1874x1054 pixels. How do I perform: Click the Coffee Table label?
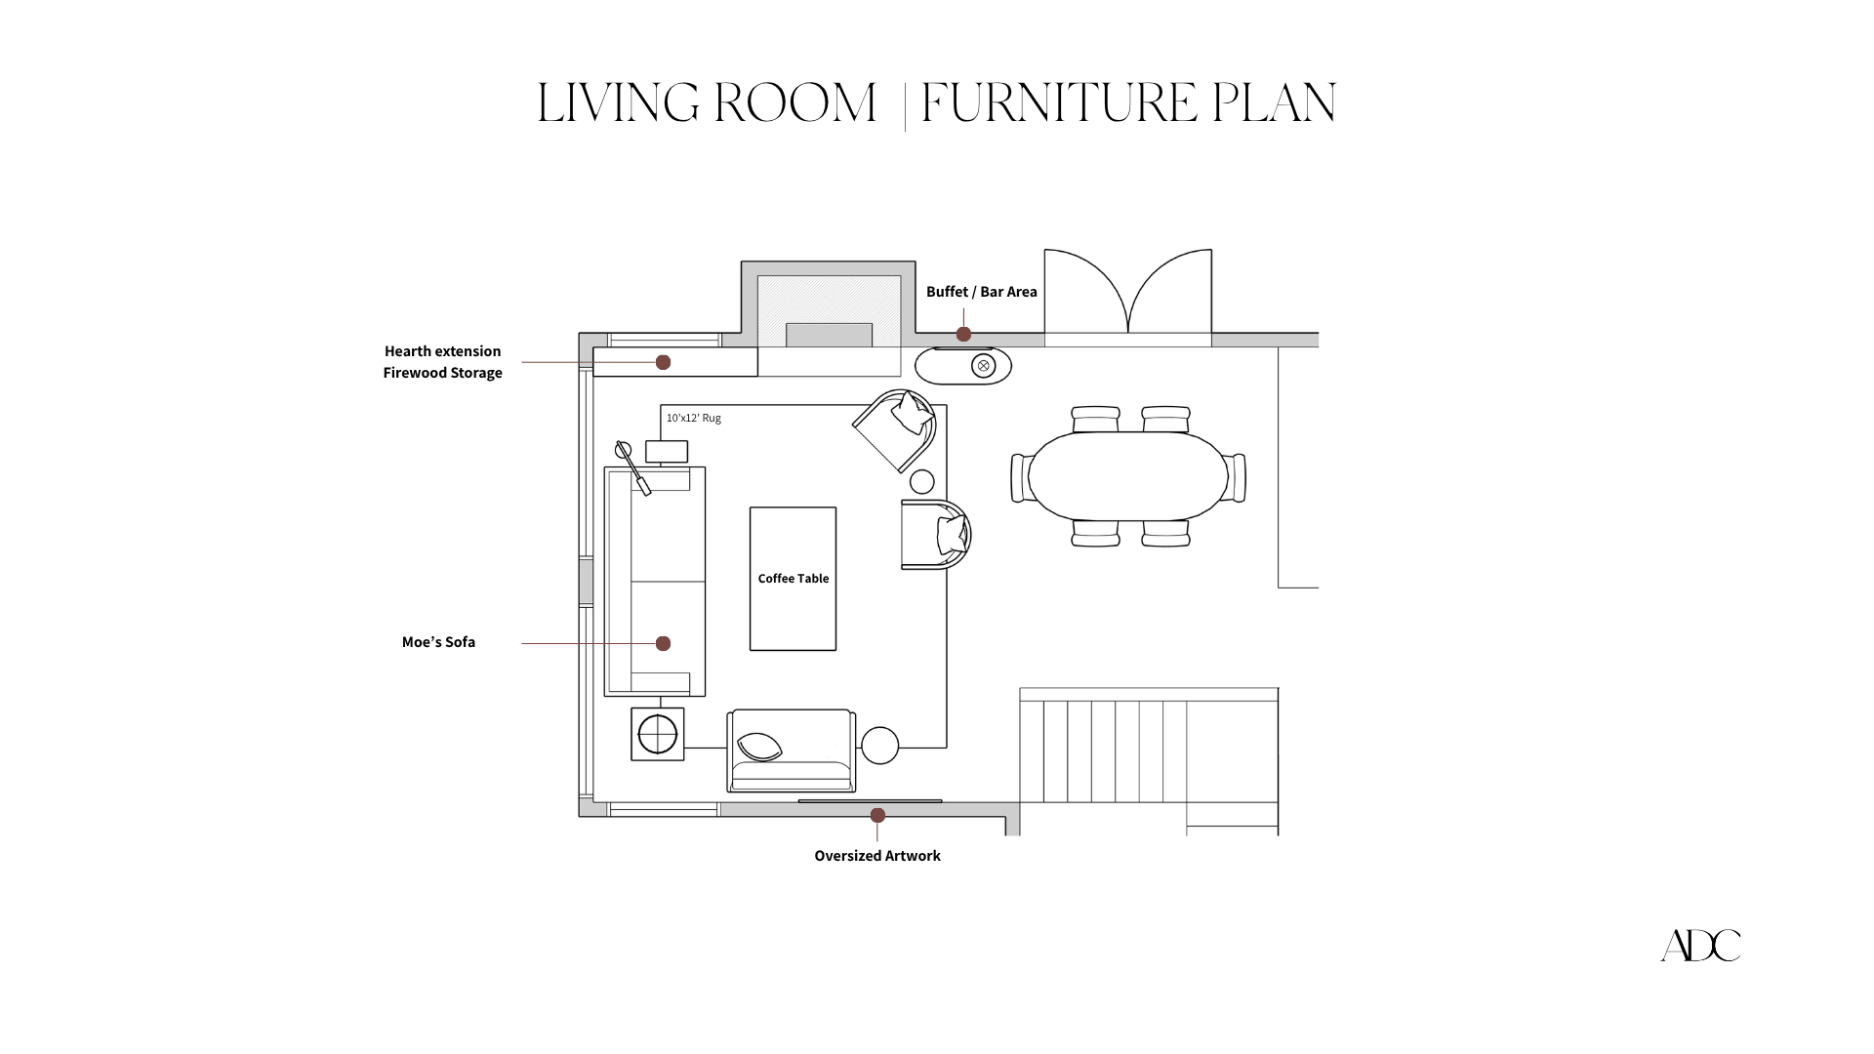pos(793,579)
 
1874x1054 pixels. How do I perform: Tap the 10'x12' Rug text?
pos(693,418)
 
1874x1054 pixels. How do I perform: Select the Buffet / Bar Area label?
pos(981,292)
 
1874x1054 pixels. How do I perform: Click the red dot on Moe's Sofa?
pos(663,643)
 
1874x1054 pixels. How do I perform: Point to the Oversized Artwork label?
pos(876,856)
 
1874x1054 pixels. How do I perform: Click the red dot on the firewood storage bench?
pos(663,362)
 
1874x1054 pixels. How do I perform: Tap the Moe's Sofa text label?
pos(438,642)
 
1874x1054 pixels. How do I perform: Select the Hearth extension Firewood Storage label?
pos(442,362)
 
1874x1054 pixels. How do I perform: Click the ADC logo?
pos(1700,945)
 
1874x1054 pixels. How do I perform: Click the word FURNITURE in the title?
pos(1058,103)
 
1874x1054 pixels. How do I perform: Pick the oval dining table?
pos(1127,476)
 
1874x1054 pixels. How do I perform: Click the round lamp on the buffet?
pos(983,366)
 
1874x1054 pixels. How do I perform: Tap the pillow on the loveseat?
pos(759,748)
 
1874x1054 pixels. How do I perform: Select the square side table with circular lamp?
pos(657,734)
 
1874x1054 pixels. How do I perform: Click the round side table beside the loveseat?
pos(879,746)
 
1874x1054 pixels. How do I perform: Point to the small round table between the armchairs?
pos(921,481)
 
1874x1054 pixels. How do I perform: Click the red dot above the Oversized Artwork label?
pos(877,815)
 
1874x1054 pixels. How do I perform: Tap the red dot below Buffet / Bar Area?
pos(963,334)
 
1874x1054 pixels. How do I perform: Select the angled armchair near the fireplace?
pos(896,429)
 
